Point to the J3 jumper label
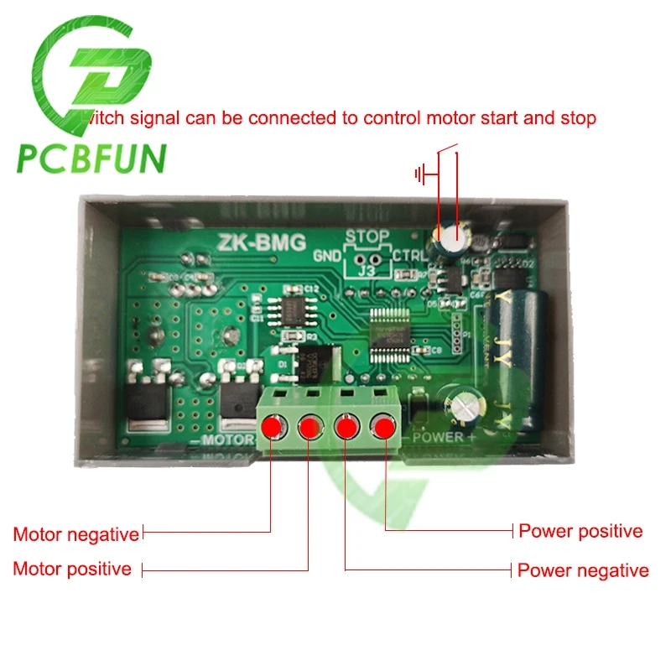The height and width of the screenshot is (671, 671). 367,270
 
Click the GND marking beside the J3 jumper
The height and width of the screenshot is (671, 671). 327,255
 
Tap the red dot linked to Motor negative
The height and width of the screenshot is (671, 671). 272,428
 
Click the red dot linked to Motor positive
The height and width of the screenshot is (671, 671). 309,428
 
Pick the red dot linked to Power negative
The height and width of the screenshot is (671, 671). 346,428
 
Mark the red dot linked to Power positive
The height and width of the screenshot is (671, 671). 384,428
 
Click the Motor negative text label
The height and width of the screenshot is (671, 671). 75,534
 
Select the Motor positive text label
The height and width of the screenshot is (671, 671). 72,569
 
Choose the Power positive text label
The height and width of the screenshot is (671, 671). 580,531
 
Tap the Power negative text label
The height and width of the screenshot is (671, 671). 583,570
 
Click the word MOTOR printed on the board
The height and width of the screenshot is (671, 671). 224,440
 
